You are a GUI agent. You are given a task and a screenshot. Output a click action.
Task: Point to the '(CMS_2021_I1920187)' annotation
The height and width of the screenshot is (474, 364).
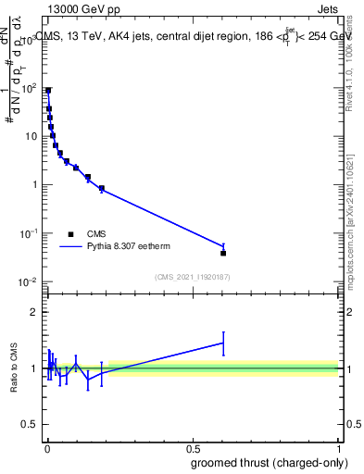pyautogui.click(x=192, y=277)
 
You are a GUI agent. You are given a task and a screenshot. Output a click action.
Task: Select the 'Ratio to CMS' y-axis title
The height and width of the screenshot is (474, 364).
pyautogui.click(x=14, y=368)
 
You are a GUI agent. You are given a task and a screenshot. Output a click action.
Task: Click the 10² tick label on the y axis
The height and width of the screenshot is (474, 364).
pyautogui.click(x=30, y=87)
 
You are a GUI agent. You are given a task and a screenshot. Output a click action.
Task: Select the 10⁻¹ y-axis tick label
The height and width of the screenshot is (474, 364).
pyautogui.click(x=30, y=232)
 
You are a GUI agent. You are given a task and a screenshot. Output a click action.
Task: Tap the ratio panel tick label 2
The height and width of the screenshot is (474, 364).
pyautogui.click(x=35, y=312)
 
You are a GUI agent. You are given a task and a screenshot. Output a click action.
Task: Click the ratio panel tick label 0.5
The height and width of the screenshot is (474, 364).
pyautogui.click(x=31, y=426)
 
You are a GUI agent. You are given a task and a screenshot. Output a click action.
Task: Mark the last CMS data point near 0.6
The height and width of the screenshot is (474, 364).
pyautogui.click(x=223, y=253)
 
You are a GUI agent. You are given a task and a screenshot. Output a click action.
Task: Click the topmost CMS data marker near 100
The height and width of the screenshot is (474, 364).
pyautogui.click(x=48, y=90)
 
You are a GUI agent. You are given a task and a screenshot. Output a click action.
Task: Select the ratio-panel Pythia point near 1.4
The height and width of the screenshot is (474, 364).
pyautogui.click(x=223, y=343)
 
